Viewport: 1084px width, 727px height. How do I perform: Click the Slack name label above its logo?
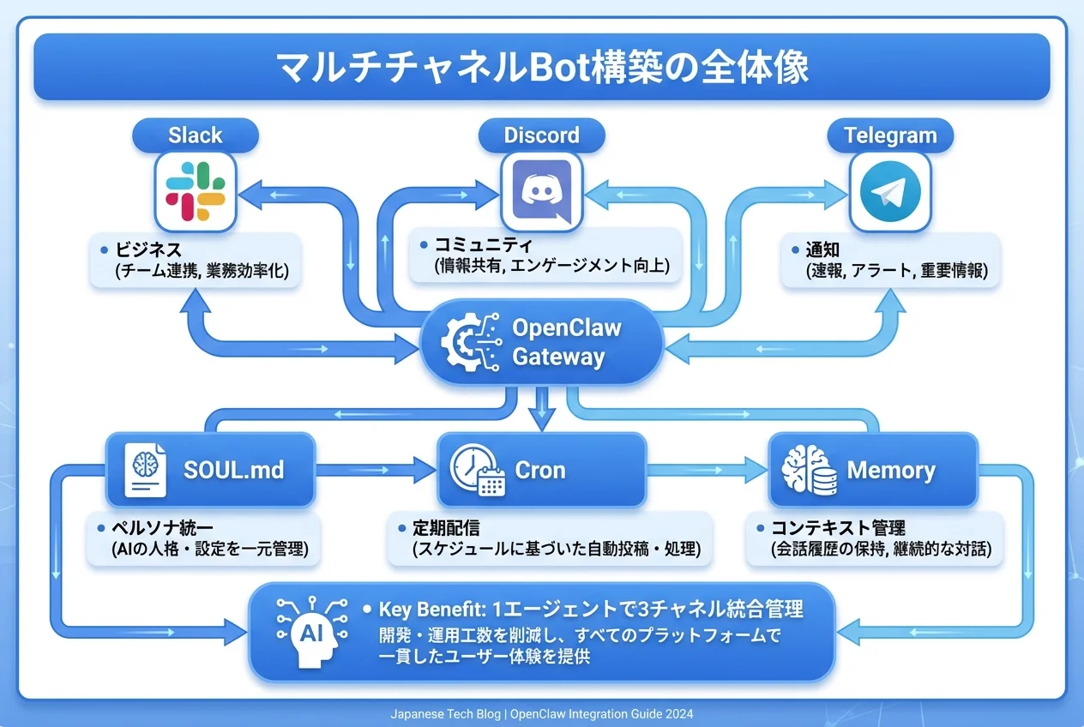[x=196, y=135]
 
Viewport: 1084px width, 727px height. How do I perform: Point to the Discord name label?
[x=542, y=135]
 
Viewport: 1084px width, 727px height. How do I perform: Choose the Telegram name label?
[x=890, y=135]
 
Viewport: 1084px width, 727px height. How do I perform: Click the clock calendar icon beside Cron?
[x=477, y=470]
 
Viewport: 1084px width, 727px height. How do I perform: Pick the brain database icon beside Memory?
[x=808, y=470]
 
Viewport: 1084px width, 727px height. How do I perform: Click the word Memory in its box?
[x=890, y=470]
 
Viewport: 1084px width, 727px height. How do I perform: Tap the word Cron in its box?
[x=539, y=470]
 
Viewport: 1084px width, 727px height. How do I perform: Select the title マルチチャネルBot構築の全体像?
[x=541, y=68]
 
